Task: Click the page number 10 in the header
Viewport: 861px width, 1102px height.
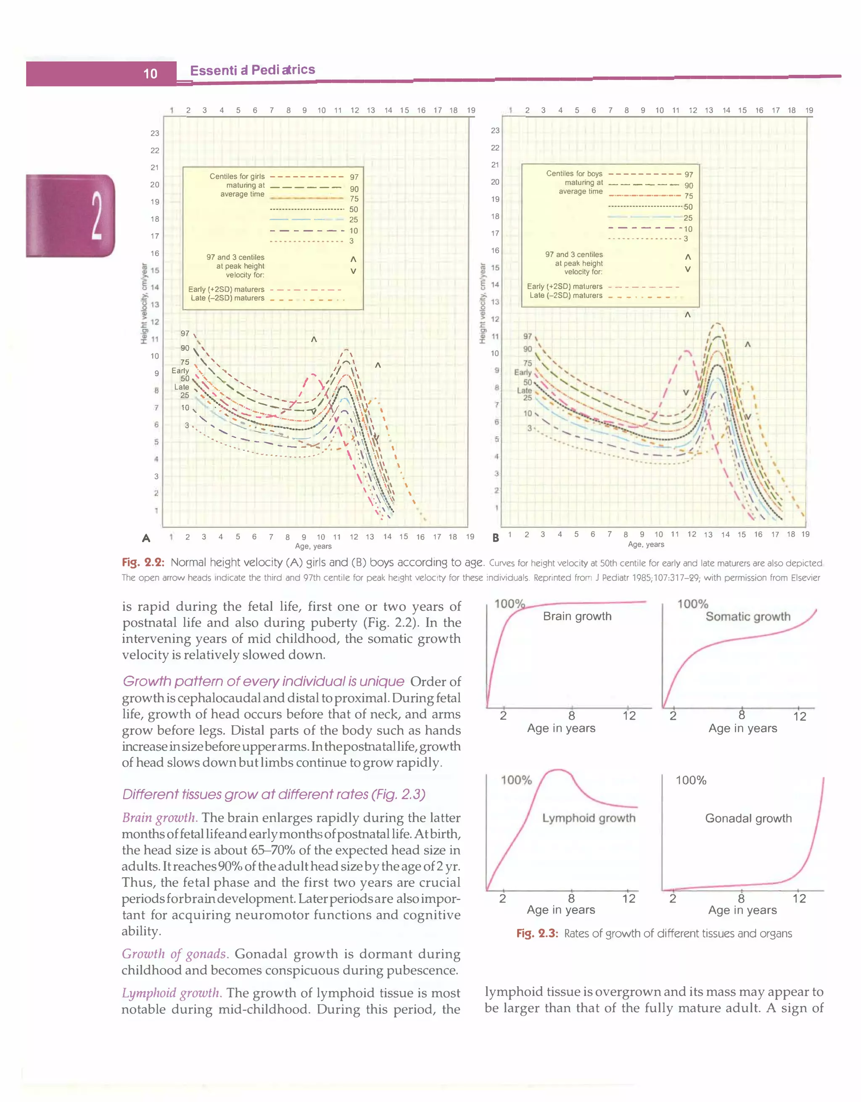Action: pos(151,73)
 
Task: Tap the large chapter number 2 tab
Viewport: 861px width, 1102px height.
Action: pos(96,216)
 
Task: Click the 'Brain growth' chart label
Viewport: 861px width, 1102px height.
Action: pos(577,616)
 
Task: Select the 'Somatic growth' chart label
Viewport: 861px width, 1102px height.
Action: pos(748,616)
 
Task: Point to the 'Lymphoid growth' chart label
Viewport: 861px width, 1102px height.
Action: pos(589,818)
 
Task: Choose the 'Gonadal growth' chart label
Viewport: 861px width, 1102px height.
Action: pos(748,819)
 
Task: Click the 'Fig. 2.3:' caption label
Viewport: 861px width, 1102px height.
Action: pos(537,934)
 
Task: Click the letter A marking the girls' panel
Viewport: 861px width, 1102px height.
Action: pos(146,538)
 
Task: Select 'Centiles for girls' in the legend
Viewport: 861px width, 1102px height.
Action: pos(237,176)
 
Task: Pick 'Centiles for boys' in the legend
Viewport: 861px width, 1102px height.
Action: pos(574,173)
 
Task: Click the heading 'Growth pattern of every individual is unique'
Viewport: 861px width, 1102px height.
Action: pos(263,681)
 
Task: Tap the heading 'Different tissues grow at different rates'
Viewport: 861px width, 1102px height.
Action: pos(274,794)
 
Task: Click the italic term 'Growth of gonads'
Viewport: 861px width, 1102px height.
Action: pos(174,954)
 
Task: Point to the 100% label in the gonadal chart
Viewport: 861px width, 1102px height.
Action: pos(691,781)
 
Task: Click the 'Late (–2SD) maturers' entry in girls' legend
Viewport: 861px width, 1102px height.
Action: pos(227,298)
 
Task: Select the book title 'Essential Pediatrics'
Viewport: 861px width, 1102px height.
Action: pos(253,70)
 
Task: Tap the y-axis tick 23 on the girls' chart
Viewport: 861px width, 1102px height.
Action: pos(155,133)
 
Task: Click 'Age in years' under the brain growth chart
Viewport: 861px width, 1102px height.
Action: pos(561,728)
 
